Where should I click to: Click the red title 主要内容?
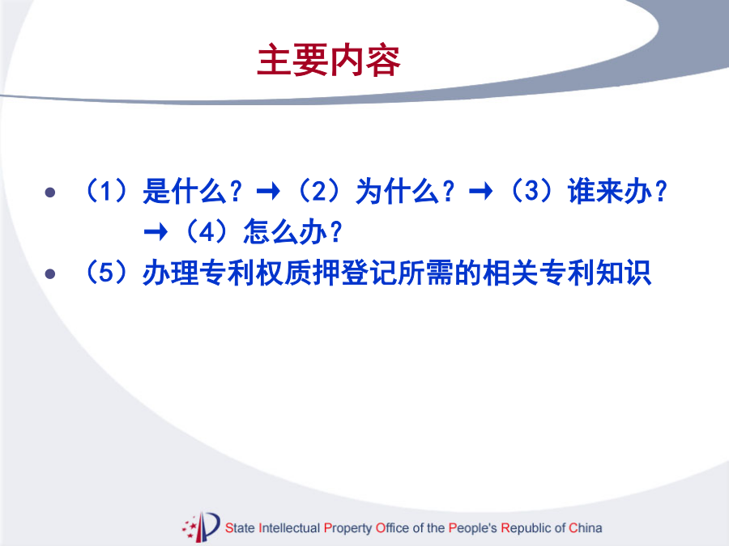click(x=328, y=60)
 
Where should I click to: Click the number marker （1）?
click(x=106, y=190)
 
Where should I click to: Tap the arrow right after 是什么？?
click(x=268, y=191)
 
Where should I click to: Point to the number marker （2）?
click(x=319, y=190)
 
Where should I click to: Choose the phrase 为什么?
click(x=397, y=191)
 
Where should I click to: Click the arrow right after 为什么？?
click(x=480, y=191)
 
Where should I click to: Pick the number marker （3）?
click(x=531, y=190)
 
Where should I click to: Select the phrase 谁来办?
click(x=609, y=191)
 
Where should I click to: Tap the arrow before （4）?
click(x=156, y=231)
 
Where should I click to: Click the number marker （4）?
click(x=207, y=231)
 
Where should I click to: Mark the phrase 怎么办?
click(x=285, y=231)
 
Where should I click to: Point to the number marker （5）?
click(x=106, y=272)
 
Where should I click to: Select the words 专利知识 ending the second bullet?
click(x=595, y=272)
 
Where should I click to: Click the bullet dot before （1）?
click(x=50, y=193)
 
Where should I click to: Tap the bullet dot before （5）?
click(x=50, y=274)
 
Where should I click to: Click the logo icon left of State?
click(x=201, y=527)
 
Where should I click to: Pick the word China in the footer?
click(x=586, y=528)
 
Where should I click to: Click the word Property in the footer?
click(x=347, y=528)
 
